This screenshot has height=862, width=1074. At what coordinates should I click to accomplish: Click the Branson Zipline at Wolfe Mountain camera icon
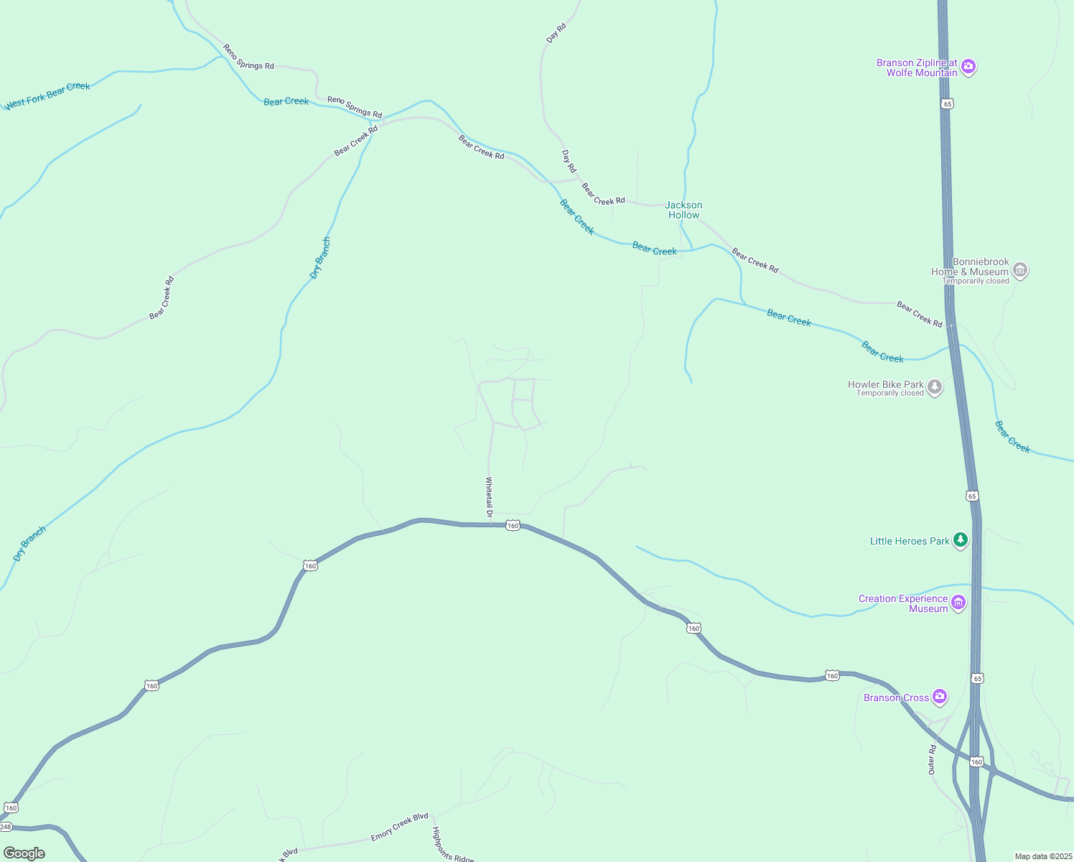[x=968, y=67]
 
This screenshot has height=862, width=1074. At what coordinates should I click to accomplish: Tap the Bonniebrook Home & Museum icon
[x=1019, y=270]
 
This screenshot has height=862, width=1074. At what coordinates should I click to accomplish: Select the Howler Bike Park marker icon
[x=934, y=387]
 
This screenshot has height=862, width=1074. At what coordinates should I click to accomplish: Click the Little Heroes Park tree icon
[x=960, y=541]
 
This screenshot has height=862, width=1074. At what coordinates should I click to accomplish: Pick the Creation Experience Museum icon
[x=958, y=603]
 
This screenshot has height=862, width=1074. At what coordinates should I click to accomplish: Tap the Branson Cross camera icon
[x=939, y=697]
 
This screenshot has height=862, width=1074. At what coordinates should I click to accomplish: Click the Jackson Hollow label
[x=683, y=210]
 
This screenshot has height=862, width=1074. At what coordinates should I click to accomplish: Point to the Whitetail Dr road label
[x=489, y=497]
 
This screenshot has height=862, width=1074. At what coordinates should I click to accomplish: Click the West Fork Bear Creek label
[x=47, y=96]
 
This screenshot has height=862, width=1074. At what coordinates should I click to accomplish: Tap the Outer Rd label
[x=932, y=759]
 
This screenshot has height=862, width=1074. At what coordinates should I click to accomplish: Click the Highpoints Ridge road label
[x=453, y=845]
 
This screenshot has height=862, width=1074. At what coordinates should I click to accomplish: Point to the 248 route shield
[x=5, y=827]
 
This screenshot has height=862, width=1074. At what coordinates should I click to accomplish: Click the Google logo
[x=24, y=853]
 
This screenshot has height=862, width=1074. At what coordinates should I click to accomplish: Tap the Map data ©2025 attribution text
[x=1042, y=856]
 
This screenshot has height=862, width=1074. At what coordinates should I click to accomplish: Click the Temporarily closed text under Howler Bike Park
[x=889, y=394]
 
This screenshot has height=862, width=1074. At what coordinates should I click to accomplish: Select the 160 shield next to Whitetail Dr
[x=512, y=525]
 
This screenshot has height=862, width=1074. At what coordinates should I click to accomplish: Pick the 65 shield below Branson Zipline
[x=948, y=103]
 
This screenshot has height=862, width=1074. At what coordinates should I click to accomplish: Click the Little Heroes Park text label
[x=910, y=541]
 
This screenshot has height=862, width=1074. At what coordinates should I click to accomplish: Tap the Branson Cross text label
[x=896, y=698]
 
